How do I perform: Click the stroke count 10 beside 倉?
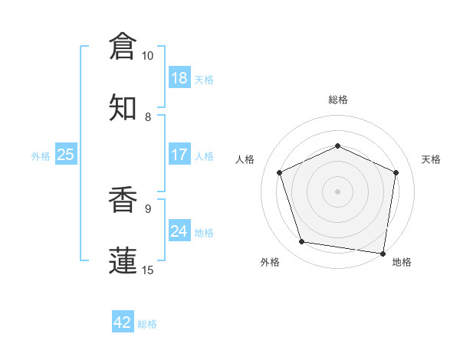(148, 56)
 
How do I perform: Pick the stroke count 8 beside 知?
(148, 116)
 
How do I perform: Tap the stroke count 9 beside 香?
(148, 208)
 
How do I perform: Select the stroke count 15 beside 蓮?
(148, 270)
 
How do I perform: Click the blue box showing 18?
(179, 78)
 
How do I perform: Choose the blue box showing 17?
(179, 155)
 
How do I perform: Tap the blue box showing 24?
(179, 231)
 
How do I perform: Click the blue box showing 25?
(65, 155)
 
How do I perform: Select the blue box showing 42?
(122, 322)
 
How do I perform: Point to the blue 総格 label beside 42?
(147, 324)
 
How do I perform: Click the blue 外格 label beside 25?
(41, 156)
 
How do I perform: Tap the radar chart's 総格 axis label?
(338, 100)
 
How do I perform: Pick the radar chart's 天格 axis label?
(432, 159)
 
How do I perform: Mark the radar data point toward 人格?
(280, 172)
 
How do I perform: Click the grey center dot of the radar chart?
(338, 191)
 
